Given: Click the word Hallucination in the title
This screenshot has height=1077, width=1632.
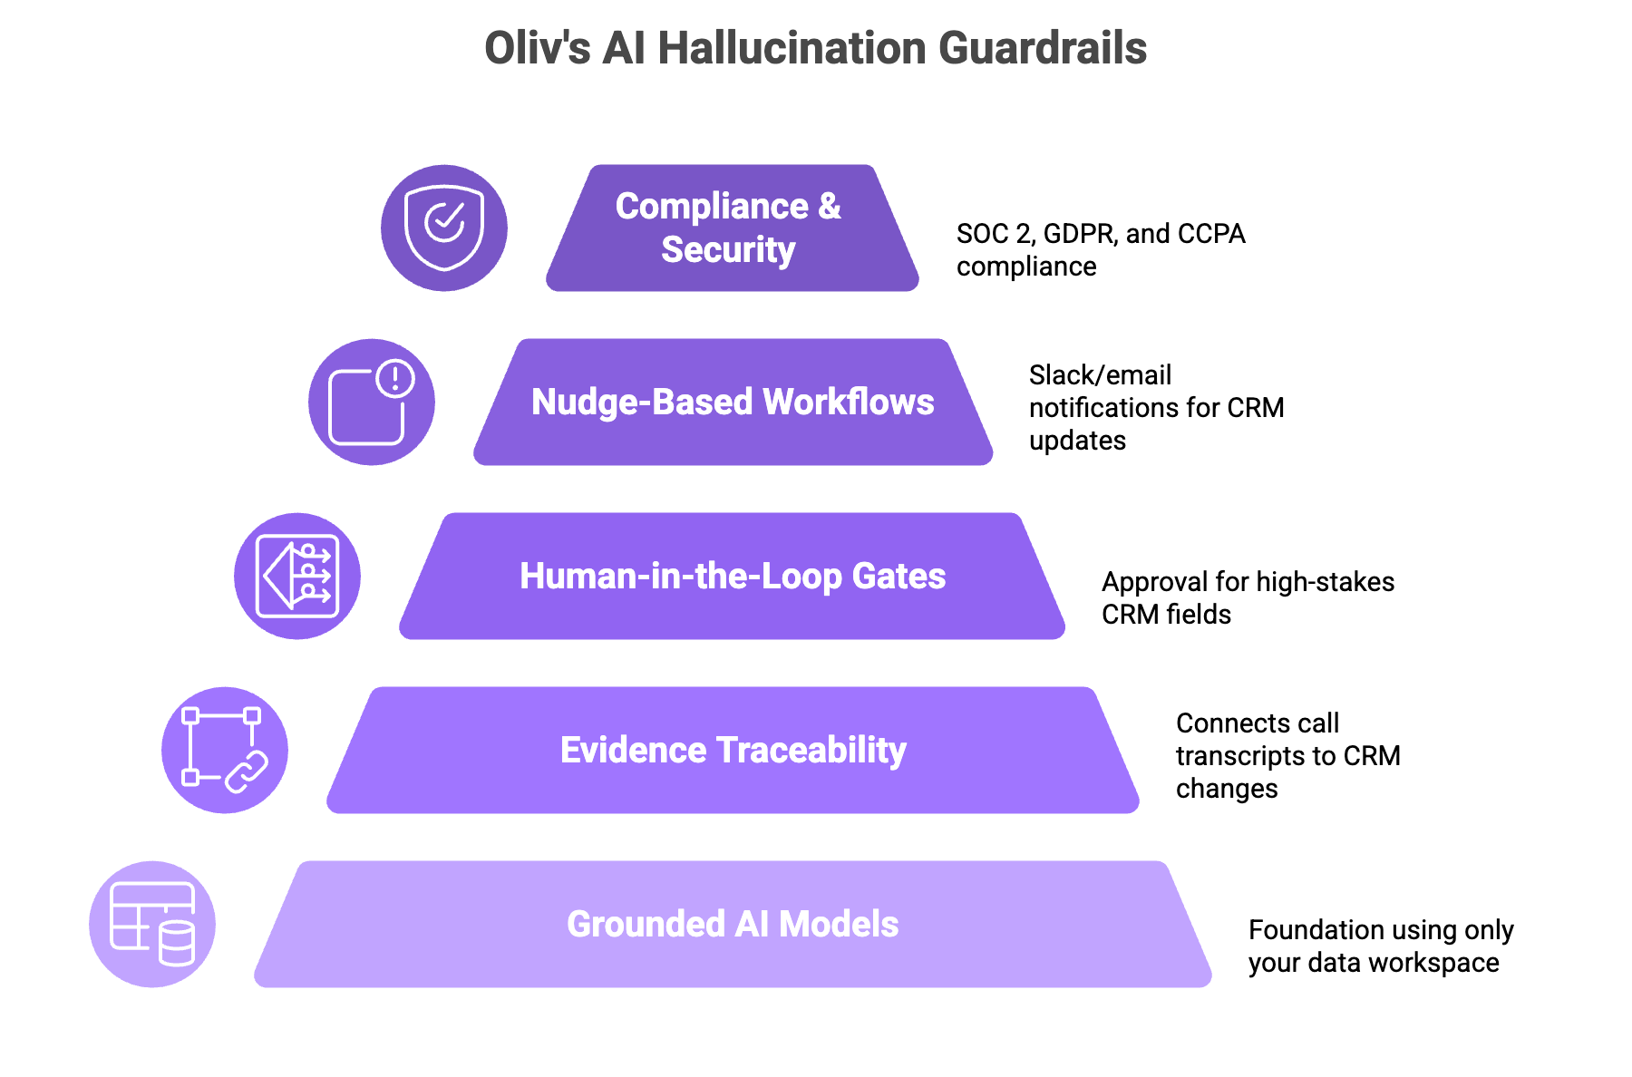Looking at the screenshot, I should click(792, 48).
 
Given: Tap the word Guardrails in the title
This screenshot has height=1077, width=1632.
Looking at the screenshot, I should click(1043, 48).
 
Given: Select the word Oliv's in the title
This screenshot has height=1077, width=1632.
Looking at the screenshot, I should click(537, 48).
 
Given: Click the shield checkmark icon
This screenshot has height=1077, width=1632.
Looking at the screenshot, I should click(444, 228).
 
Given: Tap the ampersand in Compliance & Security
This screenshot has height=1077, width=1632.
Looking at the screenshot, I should click(829, 207).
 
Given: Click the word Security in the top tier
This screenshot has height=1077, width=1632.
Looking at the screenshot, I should click(728, 250).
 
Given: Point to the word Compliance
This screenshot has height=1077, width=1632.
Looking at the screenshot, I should click(712, 207).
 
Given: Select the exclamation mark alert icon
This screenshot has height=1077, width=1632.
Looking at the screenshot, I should click(395, 378).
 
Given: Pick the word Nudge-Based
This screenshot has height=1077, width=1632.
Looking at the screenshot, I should click(642, 402).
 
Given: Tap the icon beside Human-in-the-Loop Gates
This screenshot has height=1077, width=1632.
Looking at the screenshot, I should click(297, 576).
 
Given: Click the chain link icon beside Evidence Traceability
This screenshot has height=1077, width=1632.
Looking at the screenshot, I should click(246, 771).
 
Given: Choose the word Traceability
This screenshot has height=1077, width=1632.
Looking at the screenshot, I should click(811, 751).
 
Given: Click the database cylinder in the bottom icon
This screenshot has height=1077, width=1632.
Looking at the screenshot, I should click(177, 944).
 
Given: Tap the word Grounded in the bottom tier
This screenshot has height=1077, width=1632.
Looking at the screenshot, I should click(646, 925).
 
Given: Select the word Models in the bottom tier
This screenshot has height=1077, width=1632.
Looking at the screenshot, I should click(839, 925).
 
